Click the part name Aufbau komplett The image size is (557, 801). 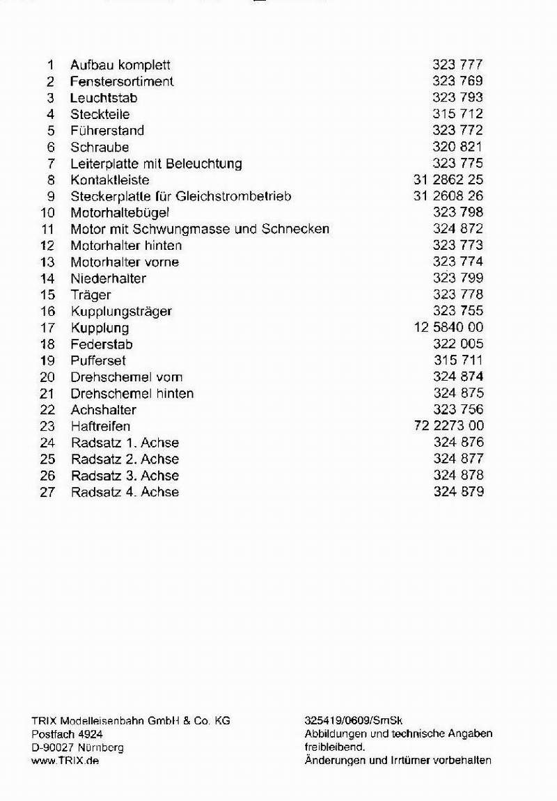(120, 65)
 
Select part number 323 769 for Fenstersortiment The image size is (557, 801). (457, 81)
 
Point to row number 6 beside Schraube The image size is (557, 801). (50, 148)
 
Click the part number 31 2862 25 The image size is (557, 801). (448, 180)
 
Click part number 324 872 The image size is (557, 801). (457, 229)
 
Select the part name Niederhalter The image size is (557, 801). (108, 278)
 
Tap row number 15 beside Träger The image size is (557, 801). (47, 295)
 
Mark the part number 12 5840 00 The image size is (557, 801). (448, 328)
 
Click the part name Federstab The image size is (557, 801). (102, 344)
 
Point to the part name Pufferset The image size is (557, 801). (98, 360)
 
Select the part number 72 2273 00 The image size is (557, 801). (448, 426)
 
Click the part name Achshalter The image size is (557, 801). (103, 410)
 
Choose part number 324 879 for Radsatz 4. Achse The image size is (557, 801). (458, 492)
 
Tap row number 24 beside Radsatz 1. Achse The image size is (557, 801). (47, 443)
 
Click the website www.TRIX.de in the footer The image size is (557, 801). (65, 761)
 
